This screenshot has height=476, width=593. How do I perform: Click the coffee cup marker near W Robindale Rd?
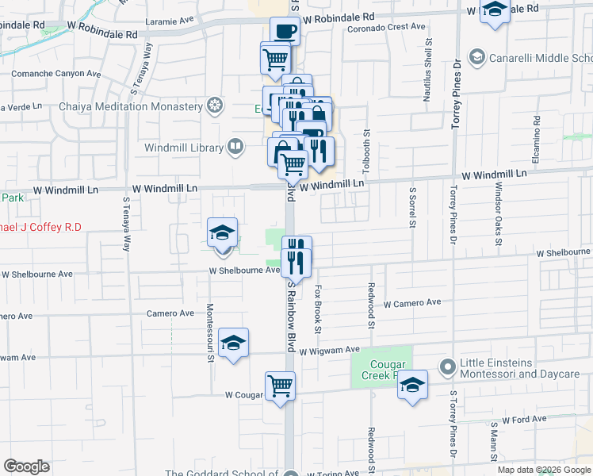[285, 32]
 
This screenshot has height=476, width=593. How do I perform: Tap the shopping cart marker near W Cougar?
[281, 386]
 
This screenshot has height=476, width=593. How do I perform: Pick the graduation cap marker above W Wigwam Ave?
[233, 343]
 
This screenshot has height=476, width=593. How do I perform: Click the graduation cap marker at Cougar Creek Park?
[412, 385]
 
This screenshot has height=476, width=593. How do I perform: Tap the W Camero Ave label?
[412, 303]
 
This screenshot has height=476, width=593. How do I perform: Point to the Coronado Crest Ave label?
[388, 27]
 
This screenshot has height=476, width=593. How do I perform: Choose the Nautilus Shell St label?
[428, 64]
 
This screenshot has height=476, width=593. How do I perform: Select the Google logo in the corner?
[26, 466]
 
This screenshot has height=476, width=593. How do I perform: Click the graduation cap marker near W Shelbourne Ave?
[222, 233]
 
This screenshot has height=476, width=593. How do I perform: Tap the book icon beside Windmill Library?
[235, 146]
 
